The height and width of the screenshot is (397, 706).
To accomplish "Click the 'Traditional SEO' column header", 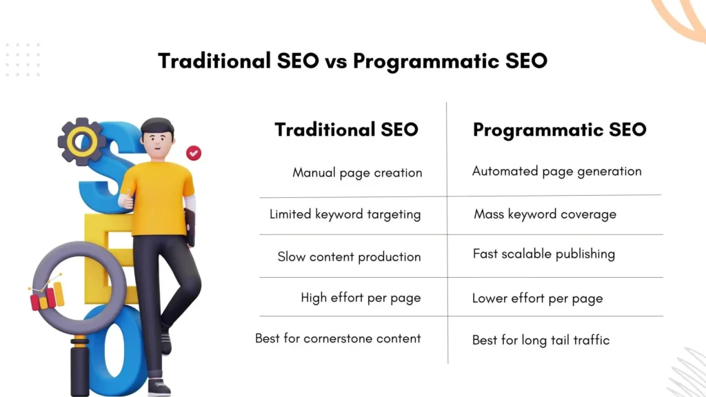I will click(x=346, y=130).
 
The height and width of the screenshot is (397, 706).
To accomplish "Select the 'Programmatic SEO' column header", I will click(x=559, y=130).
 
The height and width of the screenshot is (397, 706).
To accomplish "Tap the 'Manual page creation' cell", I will click(x=357, y=172).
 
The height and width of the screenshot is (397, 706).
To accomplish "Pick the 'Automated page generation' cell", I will click(x=556, y=171).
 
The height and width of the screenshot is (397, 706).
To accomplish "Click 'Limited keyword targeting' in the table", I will click(x=345, y=214).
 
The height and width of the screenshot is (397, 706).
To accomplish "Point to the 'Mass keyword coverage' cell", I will click(x=545, y=214).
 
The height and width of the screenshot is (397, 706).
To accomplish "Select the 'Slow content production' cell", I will click(x=349, y=256).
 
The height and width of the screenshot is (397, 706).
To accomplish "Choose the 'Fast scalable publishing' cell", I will click(x=543, y=254).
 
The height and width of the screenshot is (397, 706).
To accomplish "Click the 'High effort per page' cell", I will click(x=361, y=298).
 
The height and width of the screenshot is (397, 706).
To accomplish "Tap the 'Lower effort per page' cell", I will click(x=537, y=298).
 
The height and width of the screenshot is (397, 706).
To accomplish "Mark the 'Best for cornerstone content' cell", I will click(x=338, y=338).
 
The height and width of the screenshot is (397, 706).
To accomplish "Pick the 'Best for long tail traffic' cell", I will click(x=541, y=339).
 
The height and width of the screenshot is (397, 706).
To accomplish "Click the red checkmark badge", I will click(x=194, y=152).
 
